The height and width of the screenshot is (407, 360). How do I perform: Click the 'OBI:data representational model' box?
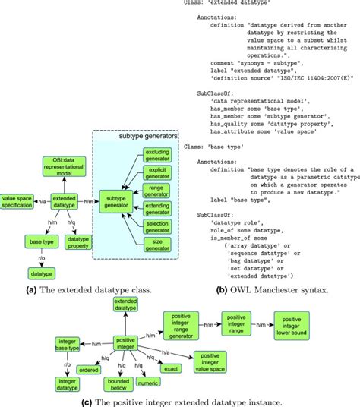(x=64, y=166)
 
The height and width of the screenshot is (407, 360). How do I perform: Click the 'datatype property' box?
(x=78, y=242)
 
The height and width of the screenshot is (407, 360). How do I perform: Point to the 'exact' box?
(x=172, y=368)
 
